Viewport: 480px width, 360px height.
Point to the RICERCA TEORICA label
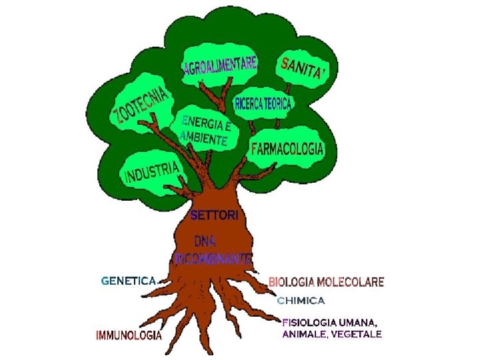(263, 103)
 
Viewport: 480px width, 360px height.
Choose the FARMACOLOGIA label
(287, 149)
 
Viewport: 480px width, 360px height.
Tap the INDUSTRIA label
(153, 172)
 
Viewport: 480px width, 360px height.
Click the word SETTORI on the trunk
(214, 215)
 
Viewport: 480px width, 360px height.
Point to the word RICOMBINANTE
(213, 257)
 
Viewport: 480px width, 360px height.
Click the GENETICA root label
(129, 281)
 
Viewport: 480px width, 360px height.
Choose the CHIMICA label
(301, 301)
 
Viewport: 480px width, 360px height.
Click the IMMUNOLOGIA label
(129, 335)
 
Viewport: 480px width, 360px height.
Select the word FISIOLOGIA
(311, 321)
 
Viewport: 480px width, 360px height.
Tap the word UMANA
(361, 321)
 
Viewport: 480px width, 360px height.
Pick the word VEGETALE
(359, 334)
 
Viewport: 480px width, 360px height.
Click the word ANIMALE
(305, 334)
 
